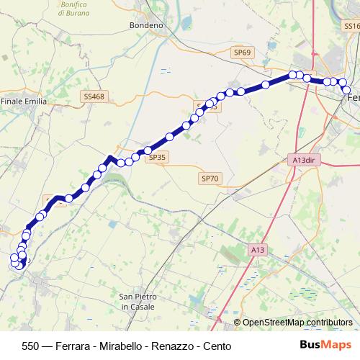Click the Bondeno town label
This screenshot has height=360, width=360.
146,25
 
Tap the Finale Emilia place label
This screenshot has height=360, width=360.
24,102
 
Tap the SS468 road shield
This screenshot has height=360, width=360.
94,96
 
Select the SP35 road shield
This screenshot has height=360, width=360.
157,156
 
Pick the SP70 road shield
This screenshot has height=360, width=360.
210,178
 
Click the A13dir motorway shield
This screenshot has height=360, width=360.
305,160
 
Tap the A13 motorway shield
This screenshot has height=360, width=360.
258,249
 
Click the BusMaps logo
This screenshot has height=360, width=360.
325,346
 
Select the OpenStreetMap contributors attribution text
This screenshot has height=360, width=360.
297,323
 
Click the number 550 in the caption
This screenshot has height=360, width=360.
31,346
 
